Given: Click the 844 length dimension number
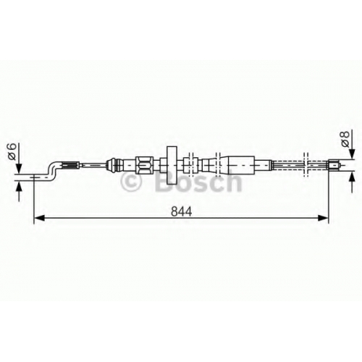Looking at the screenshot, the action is click(181, 211).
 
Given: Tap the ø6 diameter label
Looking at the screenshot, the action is click(12, 151).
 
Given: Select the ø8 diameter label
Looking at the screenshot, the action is click(345, 138).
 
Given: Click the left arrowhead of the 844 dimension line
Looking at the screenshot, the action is click(39, 218).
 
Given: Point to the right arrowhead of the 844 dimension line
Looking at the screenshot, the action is click(324, 218).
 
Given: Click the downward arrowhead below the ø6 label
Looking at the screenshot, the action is click(19, 169).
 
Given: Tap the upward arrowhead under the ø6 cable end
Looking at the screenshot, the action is click(19, 186).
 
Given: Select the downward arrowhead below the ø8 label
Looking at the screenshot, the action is click(353, 154).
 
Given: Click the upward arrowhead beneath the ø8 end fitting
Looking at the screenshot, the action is click(353, 177).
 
